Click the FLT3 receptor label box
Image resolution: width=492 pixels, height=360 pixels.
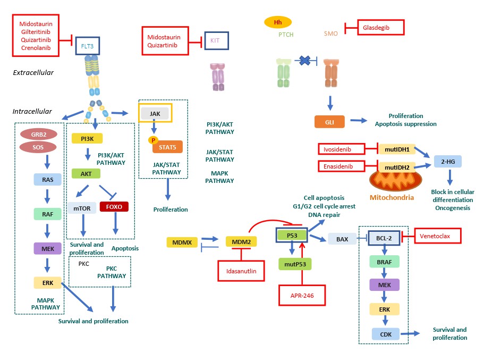[x=87, y=46]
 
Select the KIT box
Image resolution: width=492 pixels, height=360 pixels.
[x=215, y=40]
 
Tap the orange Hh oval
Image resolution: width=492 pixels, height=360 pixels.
[x=277, y=22]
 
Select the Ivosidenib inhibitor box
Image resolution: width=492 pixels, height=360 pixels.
[x=342, y=149]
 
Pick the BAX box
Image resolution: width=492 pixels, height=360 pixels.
[x=342, y=239]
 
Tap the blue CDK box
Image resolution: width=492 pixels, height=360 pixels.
[x=385, y=334]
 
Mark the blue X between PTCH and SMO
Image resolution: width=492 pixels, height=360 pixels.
[x=305, y=61]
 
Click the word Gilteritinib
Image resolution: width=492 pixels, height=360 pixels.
[x=40, y=32]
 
